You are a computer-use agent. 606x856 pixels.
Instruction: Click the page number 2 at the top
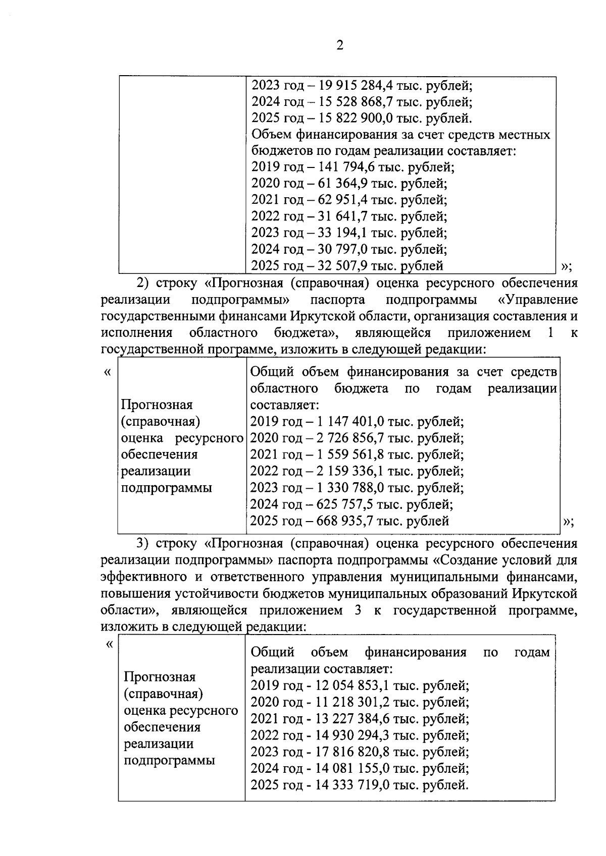339,46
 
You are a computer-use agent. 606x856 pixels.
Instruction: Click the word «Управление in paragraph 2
538,300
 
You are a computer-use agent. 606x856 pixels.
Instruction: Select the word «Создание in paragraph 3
466,560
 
